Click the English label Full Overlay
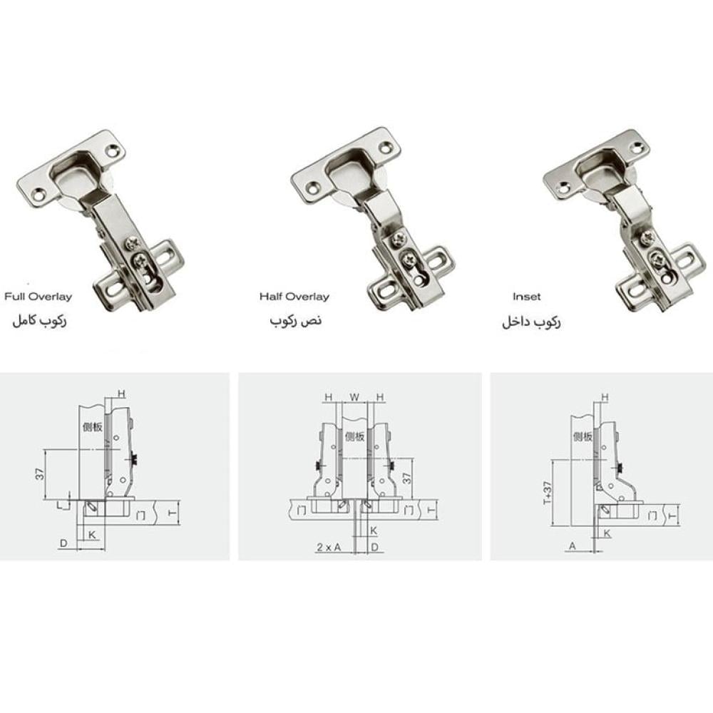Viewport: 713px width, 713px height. tap(39, 297)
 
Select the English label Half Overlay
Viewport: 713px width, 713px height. tap(294, 297)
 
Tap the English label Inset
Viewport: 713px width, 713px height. tap(527, 297)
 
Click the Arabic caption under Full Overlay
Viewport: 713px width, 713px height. tap(39, 320)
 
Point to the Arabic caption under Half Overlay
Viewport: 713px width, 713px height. tap(296, 320)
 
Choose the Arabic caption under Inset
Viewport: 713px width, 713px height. tap(531, 322)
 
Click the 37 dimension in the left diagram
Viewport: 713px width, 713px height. tap(41, 474)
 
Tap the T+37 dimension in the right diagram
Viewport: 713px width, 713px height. tap(548, 493)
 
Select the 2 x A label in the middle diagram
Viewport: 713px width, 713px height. tap(328, 547)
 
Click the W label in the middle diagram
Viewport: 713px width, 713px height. tap(354, 397)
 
